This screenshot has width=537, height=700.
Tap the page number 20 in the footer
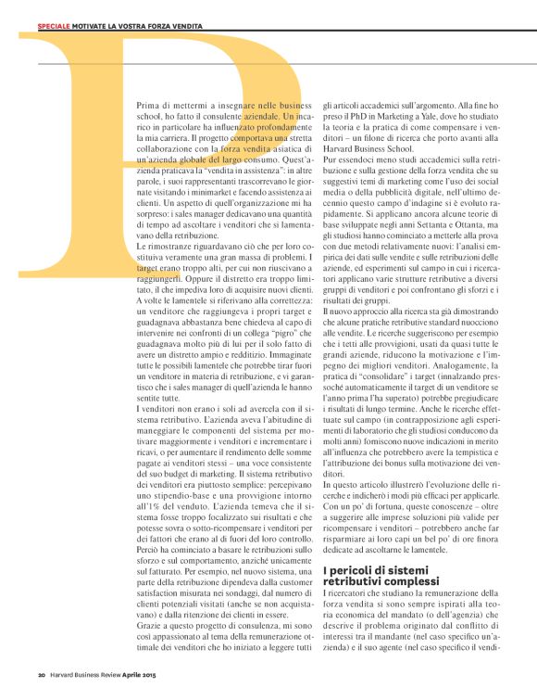pos(42,674)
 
